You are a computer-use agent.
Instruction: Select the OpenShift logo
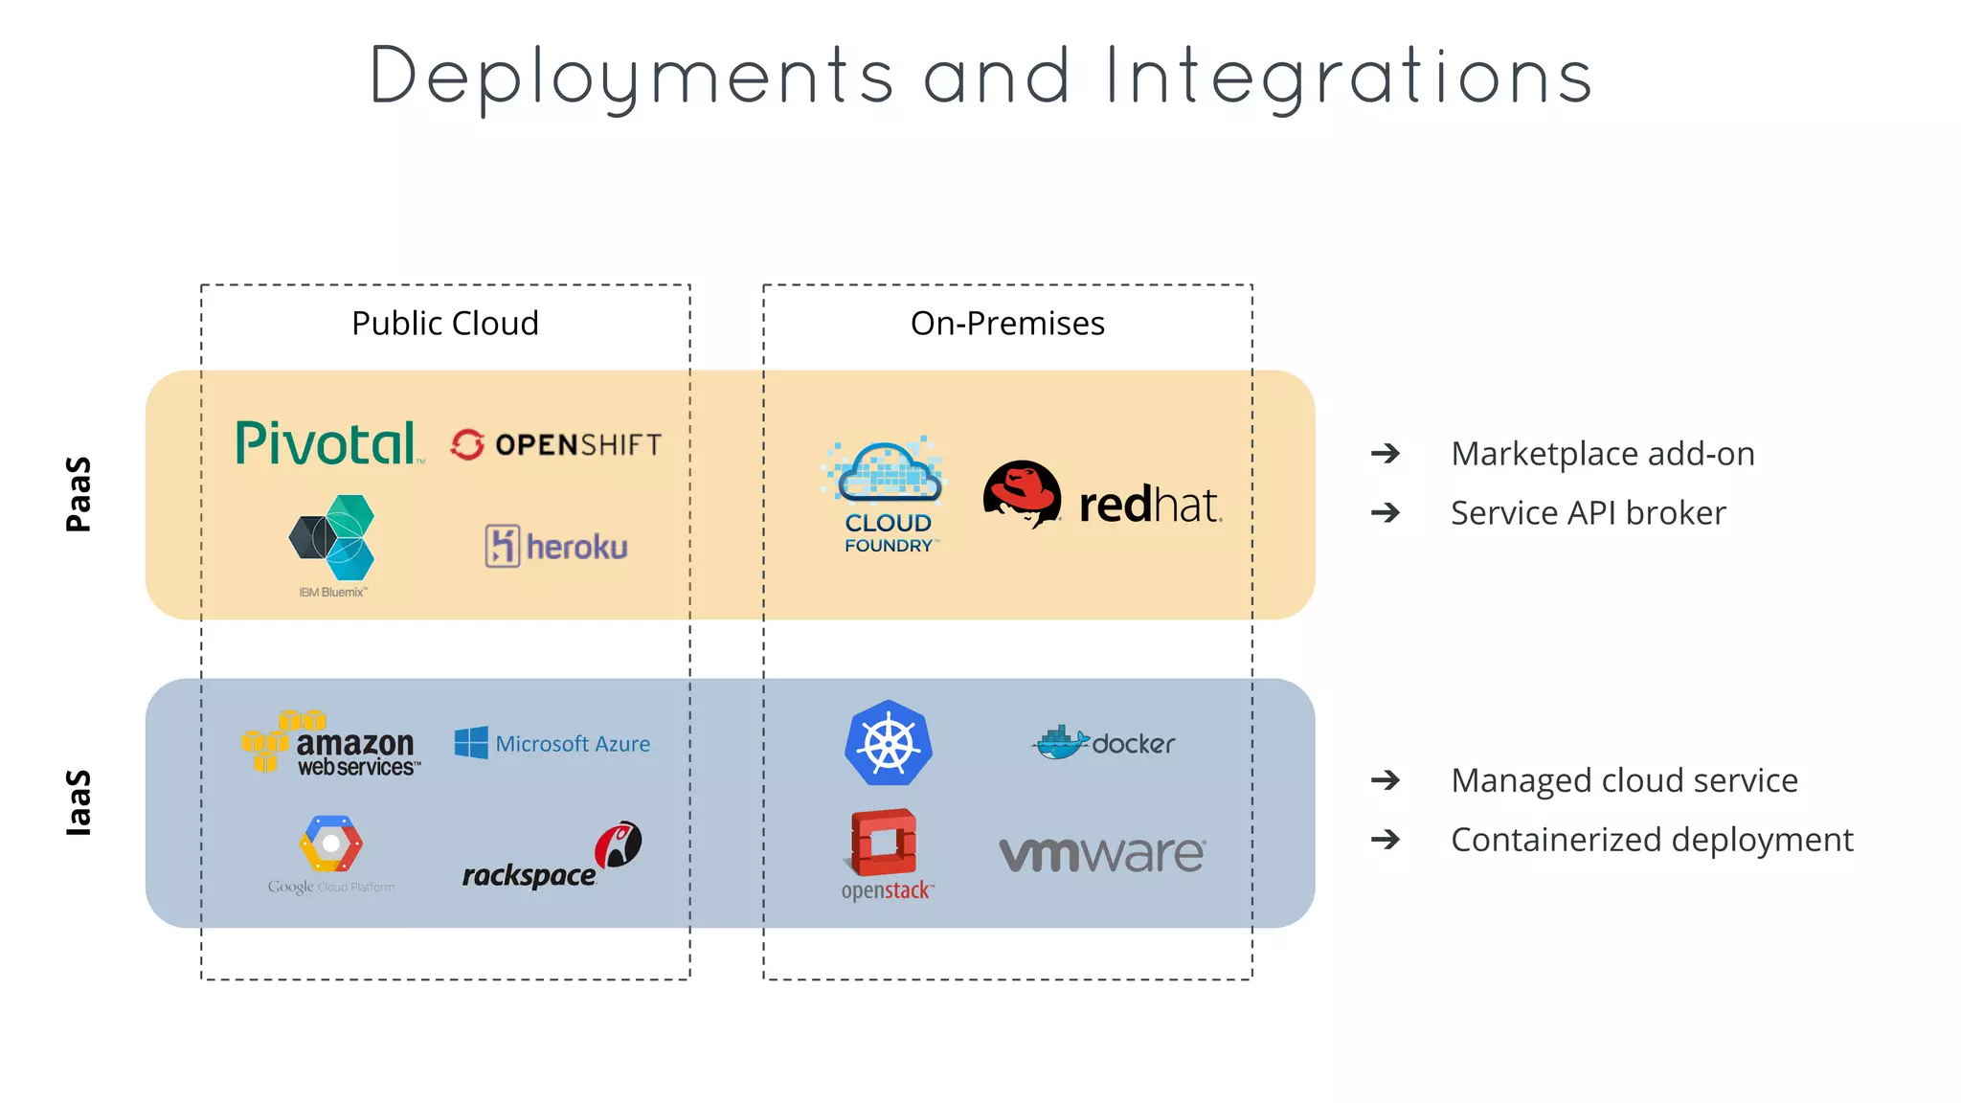pos(556,444)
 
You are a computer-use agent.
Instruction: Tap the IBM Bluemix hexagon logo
pos(332,538)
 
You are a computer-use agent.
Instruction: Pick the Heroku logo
pos(556,547)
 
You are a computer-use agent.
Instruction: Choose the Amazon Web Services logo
pos(331,744)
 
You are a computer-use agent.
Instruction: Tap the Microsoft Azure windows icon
pos(471,743)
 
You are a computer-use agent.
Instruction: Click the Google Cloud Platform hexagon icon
pos(330,844)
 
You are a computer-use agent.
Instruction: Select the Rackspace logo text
pos(529,874)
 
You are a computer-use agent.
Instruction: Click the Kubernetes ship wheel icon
pos(889,744)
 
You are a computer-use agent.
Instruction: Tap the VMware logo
pos(1102,853)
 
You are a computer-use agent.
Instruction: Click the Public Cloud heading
pos(445,324)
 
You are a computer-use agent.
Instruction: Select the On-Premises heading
pos(1007,324)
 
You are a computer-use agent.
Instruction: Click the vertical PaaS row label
pos(79,494)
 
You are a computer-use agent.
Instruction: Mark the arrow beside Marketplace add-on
pos(1385,453)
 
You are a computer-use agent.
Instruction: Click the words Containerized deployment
pos(1652,840)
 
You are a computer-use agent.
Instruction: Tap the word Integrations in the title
pos(1348,77)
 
